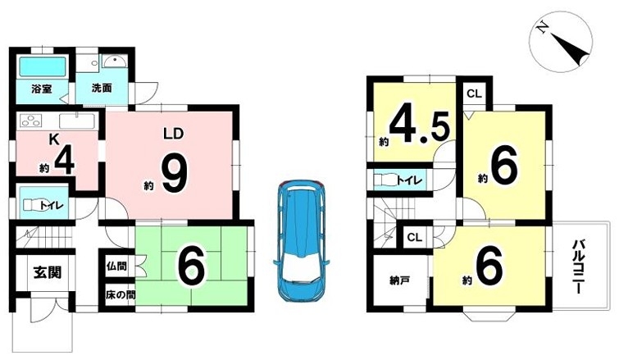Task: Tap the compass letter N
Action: tap(542, 27)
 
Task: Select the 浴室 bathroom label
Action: tap(42, 89)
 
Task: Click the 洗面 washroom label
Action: tap(102, 88)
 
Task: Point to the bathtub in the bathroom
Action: tap(43, 67)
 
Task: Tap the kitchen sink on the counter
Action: tap(77, 121)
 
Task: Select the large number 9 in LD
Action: tap(175, 174)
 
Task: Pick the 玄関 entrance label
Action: tap(47, 272)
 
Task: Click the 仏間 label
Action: tap(116, 266)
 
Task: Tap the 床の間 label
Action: tap(121, 295)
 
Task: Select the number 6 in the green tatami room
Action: tap(192, 267)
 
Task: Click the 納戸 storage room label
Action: tap(399, 280)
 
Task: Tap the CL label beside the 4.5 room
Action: tap(474, 94)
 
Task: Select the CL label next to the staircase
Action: tap(415, 238)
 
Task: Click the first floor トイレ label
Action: tap(52, 205)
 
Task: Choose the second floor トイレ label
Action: tap(409, 180)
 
